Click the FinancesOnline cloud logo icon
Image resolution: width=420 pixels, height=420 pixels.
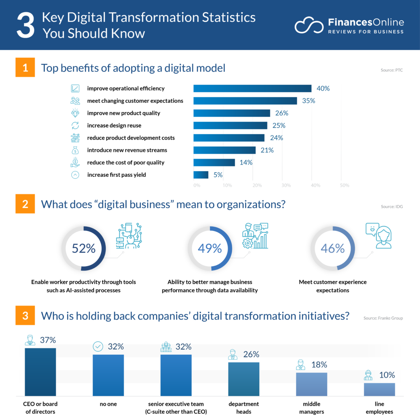pyautogui.click(x=309, y=25)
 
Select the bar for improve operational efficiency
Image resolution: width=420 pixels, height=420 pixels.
pyautogui.click(x=252, y=89)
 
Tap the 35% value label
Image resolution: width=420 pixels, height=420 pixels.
pyautogui.click(x=308, y=101)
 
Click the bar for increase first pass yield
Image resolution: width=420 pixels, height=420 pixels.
pyautogui.click(x=201, y=175)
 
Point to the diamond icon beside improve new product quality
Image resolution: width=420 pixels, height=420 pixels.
pyautogui.click(x=75, y=113)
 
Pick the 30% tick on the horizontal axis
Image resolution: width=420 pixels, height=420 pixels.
pyautogui.click(x=286, y=185)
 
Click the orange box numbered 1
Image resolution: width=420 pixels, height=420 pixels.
pyautogui.click(x=25, y=68)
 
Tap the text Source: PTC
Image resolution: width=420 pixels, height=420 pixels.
pyautogui.click(x=392, y=70)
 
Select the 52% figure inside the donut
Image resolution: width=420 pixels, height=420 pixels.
pyautogui.click(x=84, y=249)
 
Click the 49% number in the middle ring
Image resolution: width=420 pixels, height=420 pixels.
pyautogui.click(x=210, y=249)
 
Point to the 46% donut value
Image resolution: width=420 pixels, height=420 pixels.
pyautogui.click(x=333, y=249)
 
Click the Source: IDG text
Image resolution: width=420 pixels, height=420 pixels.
pyautogui.click(x=392, y=207)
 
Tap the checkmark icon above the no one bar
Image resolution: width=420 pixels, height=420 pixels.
pyautogui.click(x=98, y=347)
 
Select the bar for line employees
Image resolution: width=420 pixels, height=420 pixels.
pyautogui.click(x=379, y=389)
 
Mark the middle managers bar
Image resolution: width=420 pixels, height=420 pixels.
pyautogui.click(x=311, y=384)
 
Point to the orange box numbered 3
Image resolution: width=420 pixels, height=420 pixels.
pyautogui.click(x=25, y=316)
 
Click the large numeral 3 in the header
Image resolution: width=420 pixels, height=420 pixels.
pyautogui.click(x=25, y=25)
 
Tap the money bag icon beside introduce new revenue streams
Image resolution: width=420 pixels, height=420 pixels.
pyautogui.click(x=75, y=150)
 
